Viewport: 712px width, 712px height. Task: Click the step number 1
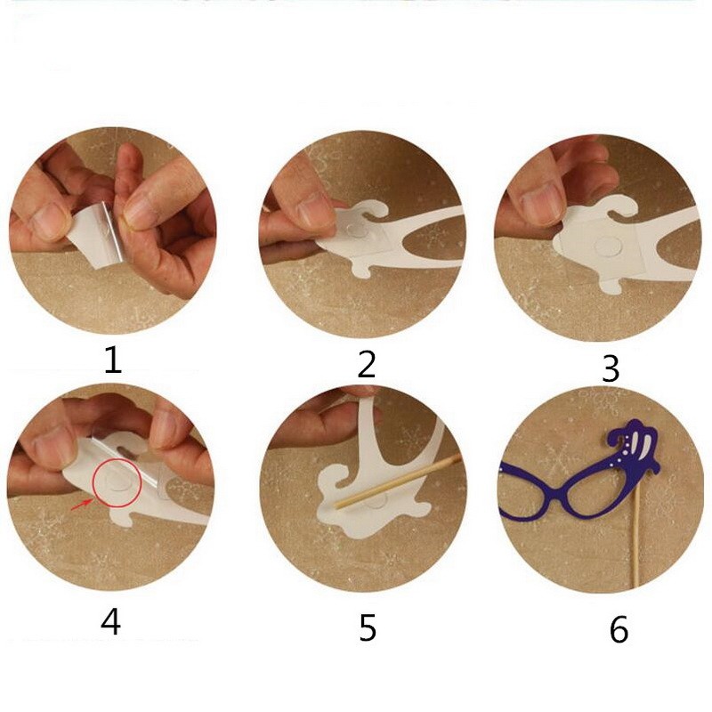(112, 360)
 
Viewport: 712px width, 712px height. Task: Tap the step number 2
(367, 364)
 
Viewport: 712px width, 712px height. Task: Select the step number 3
(611, 368)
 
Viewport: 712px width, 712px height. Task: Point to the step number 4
(110, 621)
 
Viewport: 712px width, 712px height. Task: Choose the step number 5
(368, 627)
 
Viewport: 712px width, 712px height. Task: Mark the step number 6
(619, 629)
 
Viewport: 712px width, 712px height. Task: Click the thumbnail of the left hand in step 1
(50, 221)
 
